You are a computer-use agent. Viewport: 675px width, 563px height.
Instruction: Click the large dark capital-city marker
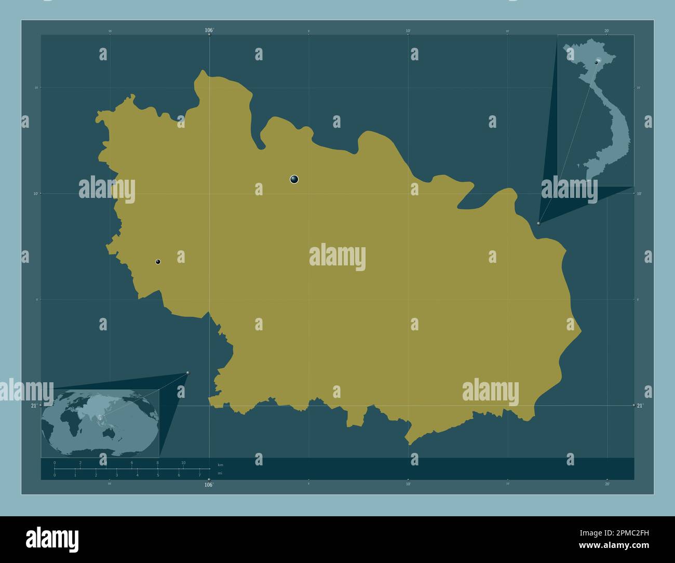tap(294, 180)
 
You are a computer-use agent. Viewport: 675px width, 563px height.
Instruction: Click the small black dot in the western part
tap(158, 262)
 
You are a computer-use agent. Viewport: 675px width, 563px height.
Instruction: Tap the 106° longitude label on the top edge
tap(209, 31)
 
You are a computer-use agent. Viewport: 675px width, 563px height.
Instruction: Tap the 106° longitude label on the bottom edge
tap(209, 485)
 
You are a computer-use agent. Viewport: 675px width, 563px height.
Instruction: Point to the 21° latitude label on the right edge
tap(640, 406)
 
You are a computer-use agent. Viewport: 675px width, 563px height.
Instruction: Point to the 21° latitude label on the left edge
tap(34, 406)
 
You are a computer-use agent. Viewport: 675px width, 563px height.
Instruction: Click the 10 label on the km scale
tap(183, 463)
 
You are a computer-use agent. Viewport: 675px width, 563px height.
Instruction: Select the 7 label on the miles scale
tap(199, 475)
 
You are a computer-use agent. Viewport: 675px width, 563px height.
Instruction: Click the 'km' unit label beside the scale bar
tap(220, 465)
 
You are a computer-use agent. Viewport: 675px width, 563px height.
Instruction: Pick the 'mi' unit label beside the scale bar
tap(220, 473)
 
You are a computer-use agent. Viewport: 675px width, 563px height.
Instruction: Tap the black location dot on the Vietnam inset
tap(596, 62)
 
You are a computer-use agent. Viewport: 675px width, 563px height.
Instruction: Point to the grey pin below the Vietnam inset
tap(539, 223)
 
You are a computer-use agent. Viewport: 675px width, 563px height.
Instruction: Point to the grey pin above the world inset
tap(187, 372)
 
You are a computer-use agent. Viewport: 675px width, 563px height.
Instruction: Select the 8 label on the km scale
tap(157, 463)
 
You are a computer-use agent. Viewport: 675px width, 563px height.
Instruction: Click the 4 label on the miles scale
tap(137, 475)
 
